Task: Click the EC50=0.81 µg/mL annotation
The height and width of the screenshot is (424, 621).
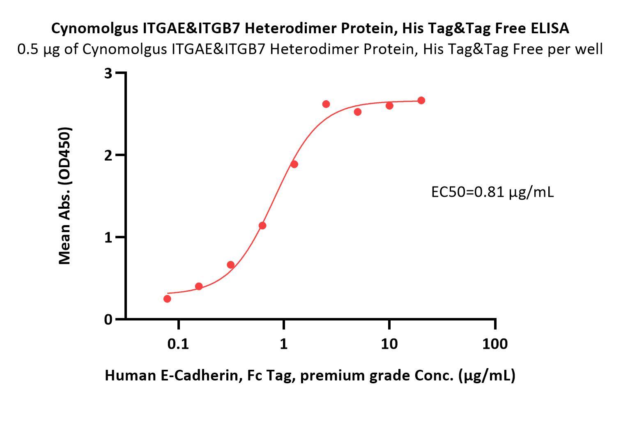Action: point(492,191)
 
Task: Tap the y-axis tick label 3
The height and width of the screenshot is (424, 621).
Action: point(108,73)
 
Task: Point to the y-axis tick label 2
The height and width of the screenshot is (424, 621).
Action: point(108,155)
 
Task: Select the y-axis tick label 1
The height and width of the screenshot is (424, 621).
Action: point(108,237)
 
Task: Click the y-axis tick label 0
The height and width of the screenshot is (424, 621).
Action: point(108,320)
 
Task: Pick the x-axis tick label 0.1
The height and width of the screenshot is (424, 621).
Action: point(178,343)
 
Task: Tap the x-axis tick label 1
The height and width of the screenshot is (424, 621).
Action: point(283,343)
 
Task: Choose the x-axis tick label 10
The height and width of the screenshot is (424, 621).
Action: point(389,343)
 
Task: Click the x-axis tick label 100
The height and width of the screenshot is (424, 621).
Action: point(494,343)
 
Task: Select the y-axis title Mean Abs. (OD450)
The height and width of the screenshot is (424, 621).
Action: point(65,196)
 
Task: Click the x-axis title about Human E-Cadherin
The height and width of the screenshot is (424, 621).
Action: point(310,375)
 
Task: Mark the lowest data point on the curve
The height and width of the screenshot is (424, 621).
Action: point(167,299)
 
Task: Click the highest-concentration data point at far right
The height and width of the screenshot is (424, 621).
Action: point(421,100)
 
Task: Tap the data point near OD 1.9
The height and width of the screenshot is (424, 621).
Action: point(294,164)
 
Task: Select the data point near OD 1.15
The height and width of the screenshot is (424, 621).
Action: point(262,226)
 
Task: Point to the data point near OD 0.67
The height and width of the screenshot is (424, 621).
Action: point(231,265)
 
